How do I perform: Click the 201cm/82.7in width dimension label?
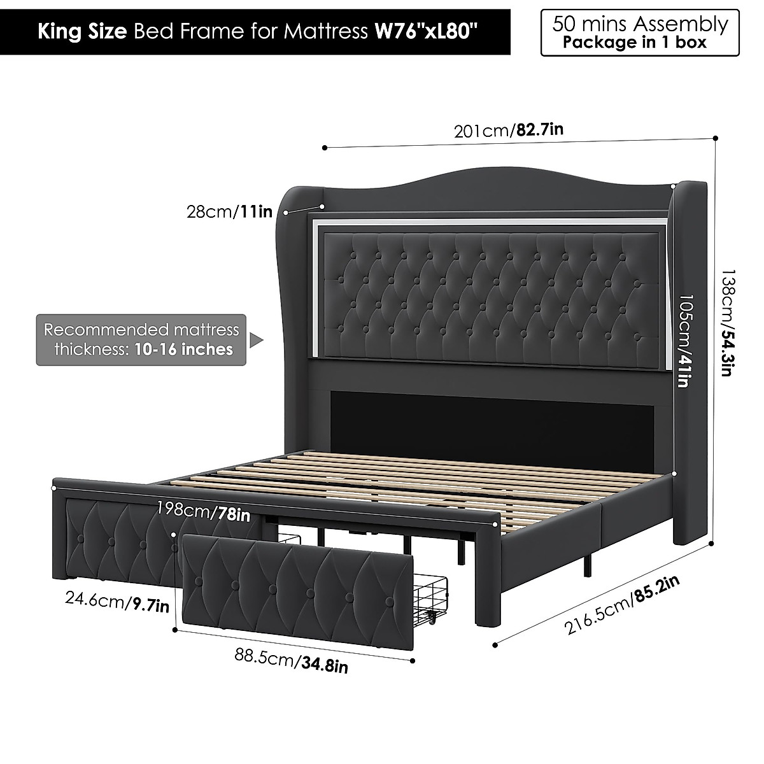point(509,131)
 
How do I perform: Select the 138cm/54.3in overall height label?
point(726,321)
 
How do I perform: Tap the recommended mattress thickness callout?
point(141,339)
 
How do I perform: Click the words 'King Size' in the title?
point(81,32)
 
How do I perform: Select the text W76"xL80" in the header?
point(425,32)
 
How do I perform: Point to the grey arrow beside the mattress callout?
point(255,340)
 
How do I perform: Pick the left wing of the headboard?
point(290,306)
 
